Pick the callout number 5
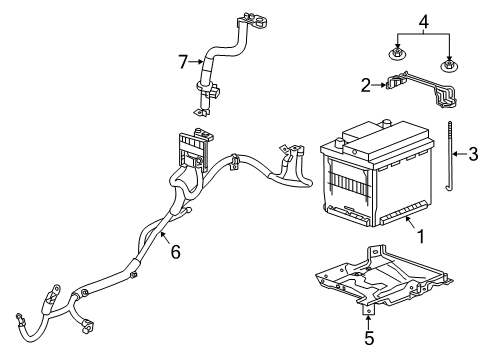point(369,339)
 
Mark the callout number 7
point(184,62)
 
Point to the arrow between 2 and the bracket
point(381,86)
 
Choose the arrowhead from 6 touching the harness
point(159,237)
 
